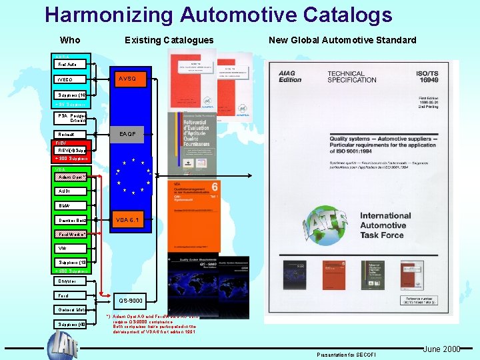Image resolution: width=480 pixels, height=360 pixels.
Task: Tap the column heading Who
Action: [x=70, y=40]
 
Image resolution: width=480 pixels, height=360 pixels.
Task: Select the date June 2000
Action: [x=441, y=349]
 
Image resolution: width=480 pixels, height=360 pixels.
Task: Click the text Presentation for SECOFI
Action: [x=347, y=354]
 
